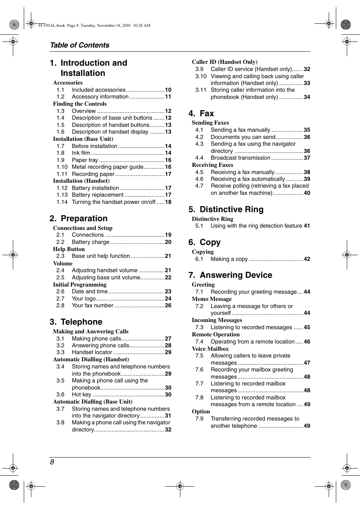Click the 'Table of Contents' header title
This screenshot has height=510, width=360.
80,45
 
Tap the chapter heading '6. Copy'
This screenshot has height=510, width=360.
205,242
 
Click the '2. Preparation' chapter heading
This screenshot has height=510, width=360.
78,219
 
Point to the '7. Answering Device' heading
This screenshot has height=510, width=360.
230,275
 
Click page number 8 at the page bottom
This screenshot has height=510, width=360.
52,462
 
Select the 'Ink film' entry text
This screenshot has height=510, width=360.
81,153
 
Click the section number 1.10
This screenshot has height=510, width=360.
62,167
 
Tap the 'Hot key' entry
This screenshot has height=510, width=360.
82,394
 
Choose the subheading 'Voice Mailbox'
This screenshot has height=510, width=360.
210,349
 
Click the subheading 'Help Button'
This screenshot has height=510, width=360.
69,249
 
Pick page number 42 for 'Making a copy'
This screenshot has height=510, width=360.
307,259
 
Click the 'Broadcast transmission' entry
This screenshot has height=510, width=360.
240,158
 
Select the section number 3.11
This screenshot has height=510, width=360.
201,90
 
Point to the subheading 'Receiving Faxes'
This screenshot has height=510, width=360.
212,165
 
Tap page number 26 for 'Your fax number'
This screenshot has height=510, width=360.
168,305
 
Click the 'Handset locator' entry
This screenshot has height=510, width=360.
92,352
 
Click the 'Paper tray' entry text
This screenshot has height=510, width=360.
85,160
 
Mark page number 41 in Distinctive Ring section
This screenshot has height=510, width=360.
307,226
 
